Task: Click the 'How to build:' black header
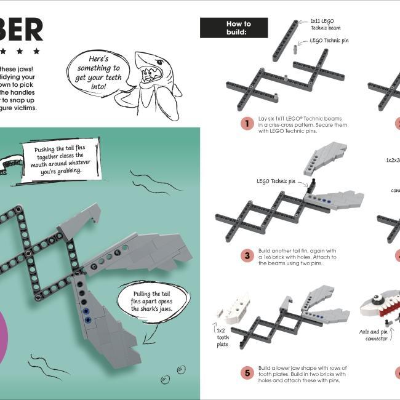tap(234, 28)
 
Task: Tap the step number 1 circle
tap(247, 123)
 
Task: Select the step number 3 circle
tap(247, 255)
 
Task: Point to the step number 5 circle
tap(247, 372)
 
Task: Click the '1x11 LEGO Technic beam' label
tap(326, 24)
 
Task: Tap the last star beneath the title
tap(36, 51)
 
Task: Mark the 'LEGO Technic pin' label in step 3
tap(276, 182)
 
